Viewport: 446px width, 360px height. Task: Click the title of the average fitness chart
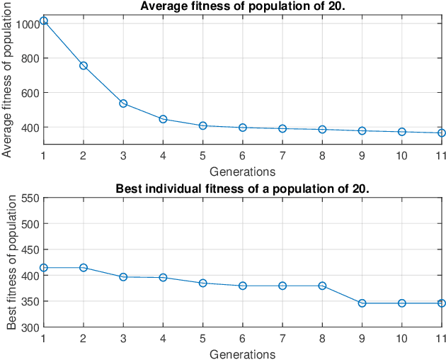click(x=242, y=6)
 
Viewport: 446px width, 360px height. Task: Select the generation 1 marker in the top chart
click(x=43, y=21)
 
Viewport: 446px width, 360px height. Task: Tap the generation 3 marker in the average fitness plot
click(x=123, y=103)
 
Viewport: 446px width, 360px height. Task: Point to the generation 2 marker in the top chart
click(x=83, y=66)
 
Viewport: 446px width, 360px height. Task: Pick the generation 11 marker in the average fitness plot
click(x=441, y=133)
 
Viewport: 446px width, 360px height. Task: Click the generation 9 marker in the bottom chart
click(x=362, y=303)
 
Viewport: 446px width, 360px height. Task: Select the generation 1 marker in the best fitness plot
click(x=43, y=267)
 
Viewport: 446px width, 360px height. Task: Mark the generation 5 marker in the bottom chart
click(x=202, y=283)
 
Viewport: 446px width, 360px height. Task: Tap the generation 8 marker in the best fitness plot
click(x=322, y=286)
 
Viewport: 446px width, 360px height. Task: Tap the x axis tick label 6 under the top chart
click(x=242, y=155)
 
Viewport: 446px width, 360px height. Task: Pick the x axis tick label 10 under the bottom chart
click(x=401, y=339)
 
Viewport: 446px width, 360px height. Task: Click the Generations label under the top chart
click(x=242, y=171)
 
